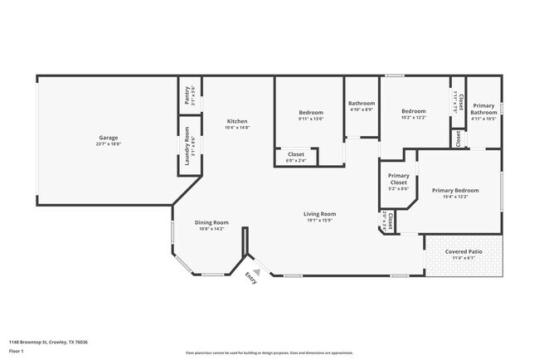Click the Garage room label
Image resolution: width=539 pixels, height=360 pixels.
[x=108, y=137]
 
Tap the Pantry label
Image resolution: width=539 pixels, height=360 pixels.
[x=187, y=96]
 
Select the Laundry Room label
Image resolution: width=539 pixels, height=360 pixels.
[x=187, y=145]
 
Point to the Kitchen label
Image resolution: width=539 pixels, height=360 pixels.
[x=236, y=121]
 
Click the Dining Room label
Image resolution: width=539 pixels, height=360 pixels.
[x=211, y=222]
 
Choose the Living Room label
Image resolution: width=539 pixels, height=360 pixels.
[x=319, y=214]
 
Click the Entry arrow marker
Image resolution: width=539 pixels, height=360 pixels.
[x=257, y=270]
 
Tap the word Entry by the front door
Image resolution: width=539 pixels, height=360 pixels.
[x=250, y=280]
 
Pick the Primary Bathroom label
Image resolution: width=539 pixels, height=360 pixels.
[x=483, y=109]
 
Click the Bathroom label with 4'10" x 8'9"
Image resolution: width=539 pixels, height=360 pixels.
[x=361, y=104]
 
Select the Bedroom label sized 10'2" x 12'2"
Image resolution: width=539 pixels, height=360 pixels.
[x=413, y=111]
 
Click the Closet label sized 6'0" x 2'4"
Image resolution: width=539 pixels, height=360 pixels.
[x=296, y=154]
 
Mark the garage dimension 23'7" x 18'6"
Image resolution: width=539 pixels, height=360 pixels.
[x=108, y=144]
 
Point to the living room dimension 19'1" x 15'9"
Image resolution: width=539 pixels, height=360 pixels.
[x=319, y=221]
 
